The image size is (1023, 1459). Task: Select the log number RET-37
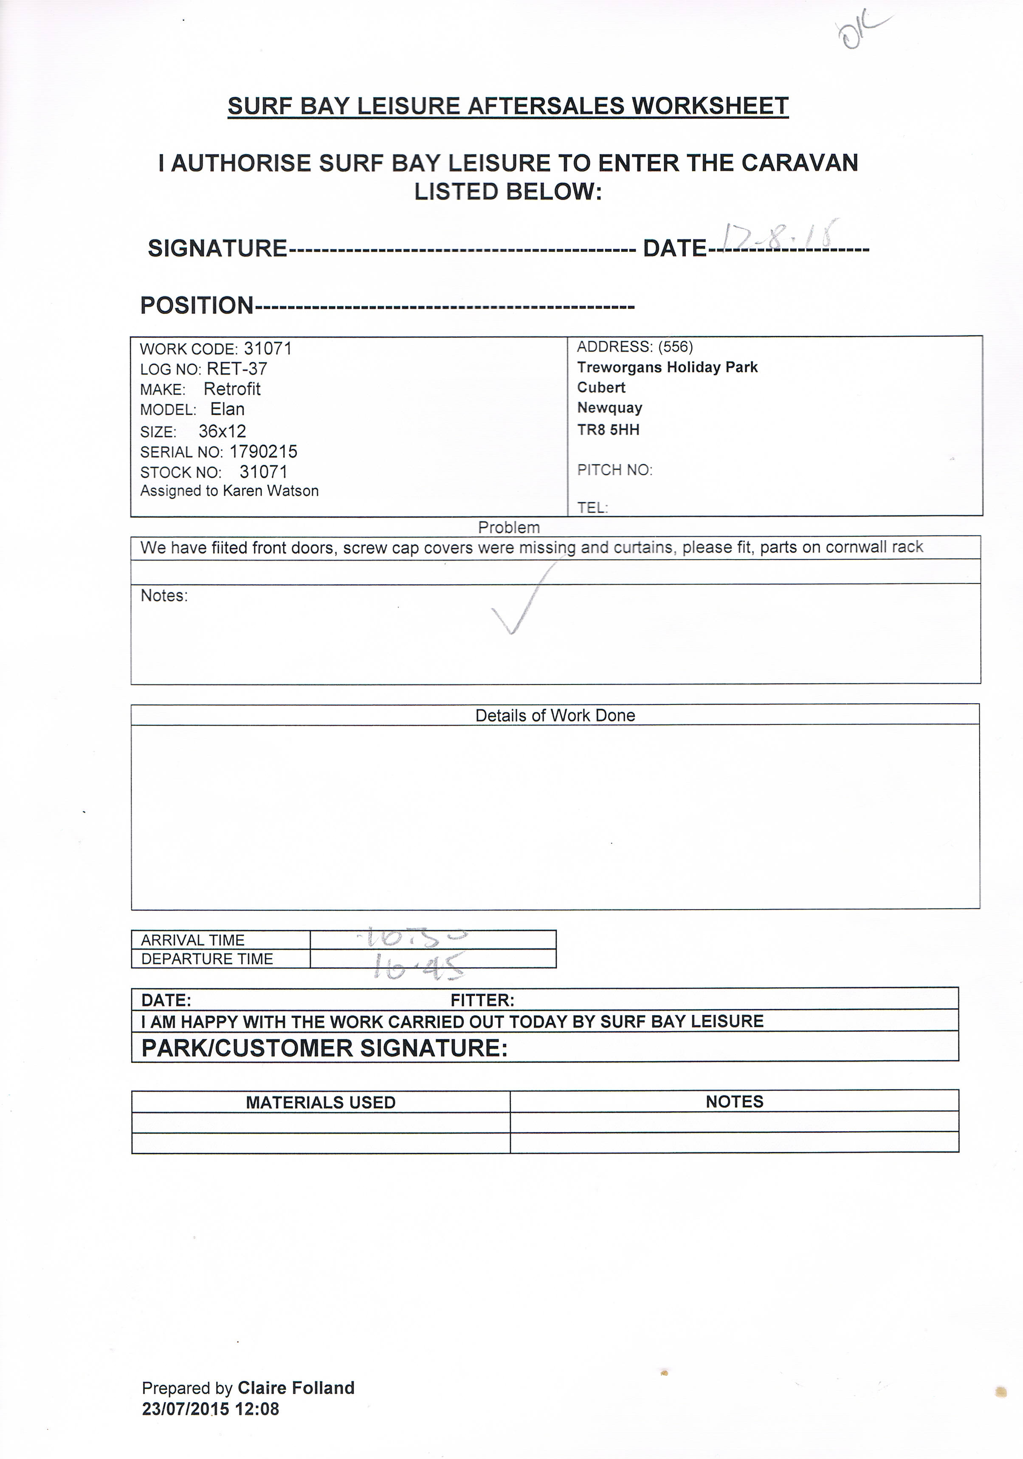point(237,369)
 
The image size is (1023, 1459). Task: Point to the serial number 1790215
point(263,452)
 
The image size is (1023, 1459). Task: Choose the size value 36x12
point(222,431)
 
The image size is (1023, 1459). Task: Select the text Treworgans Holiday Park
point(667,367)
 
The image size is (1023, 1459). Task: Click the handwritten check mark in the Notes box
point(522,600)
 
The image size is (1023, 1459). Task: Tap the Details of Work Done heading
point(555,715)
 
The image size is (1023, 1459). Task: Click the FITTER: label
point(482,1001)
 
